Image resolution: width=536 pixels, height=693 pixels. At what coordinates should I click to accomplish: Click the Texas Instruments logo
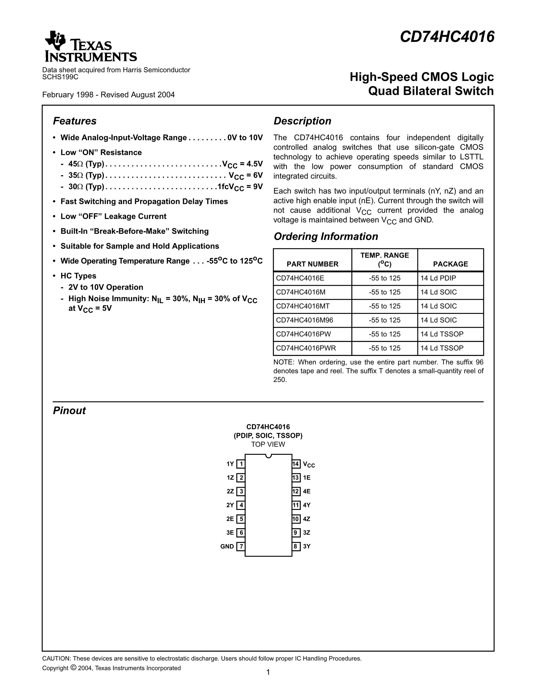pyautogui.click(x=90, y=47)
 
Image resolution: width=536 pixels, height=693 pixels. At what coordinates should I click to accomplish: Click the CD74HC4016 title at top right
pyautogui.click(x=447, y=37)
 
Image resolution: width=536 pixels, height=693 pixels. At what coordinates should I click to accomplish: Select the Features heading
pyautogui.click(x=75, y=121)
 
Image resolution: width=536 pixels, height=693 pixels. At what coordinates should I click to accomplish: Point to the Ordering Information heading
pyautogui.click(x=326, y=237)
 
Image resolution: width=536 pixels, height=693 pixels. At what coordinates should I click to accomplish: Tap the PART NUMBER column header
pyautogui.click(x=312, y=264)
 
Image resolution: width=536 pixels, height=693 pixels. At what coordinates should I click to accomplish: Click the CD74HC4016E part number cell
pyautogui.click(x=300, y=278)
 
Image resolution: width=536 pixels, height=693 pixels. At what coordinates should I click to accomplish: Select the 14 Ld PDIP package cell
pyautogui.click(x=438, y=278)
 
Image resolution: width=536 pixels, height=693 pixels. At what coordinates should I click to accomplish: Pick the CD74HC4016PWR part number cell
pyautogui.click(x=306, y=348)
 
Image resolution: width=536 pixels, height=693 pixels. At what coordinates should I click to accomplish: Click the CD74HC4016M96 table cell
pyautogui.click(x=305, y=320)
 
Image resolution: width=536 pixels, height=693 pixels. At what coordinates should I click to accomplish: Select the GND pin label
pyautogui.click(x=227, y=546)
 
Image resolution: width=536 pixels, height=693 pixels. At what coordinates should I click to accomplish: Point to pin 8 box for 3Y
pyautogui.click(x=296, y=546)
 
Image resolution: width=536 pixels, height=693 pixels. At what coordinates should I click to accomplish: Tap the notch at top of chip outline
pyautogui.click(x=268, y=456)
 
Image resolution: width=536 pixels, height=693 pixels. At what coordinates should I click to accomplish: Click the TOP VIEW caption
pyautogui.click(x=268, y=444)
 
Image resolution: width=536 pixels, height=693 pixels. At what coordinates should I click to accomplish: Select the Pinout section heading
pyautogui.click(x=69, y=411)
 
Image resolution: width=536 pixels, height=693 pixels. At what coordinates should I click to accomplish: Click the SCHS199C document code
pyautogui.click(x=60, y=77)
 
